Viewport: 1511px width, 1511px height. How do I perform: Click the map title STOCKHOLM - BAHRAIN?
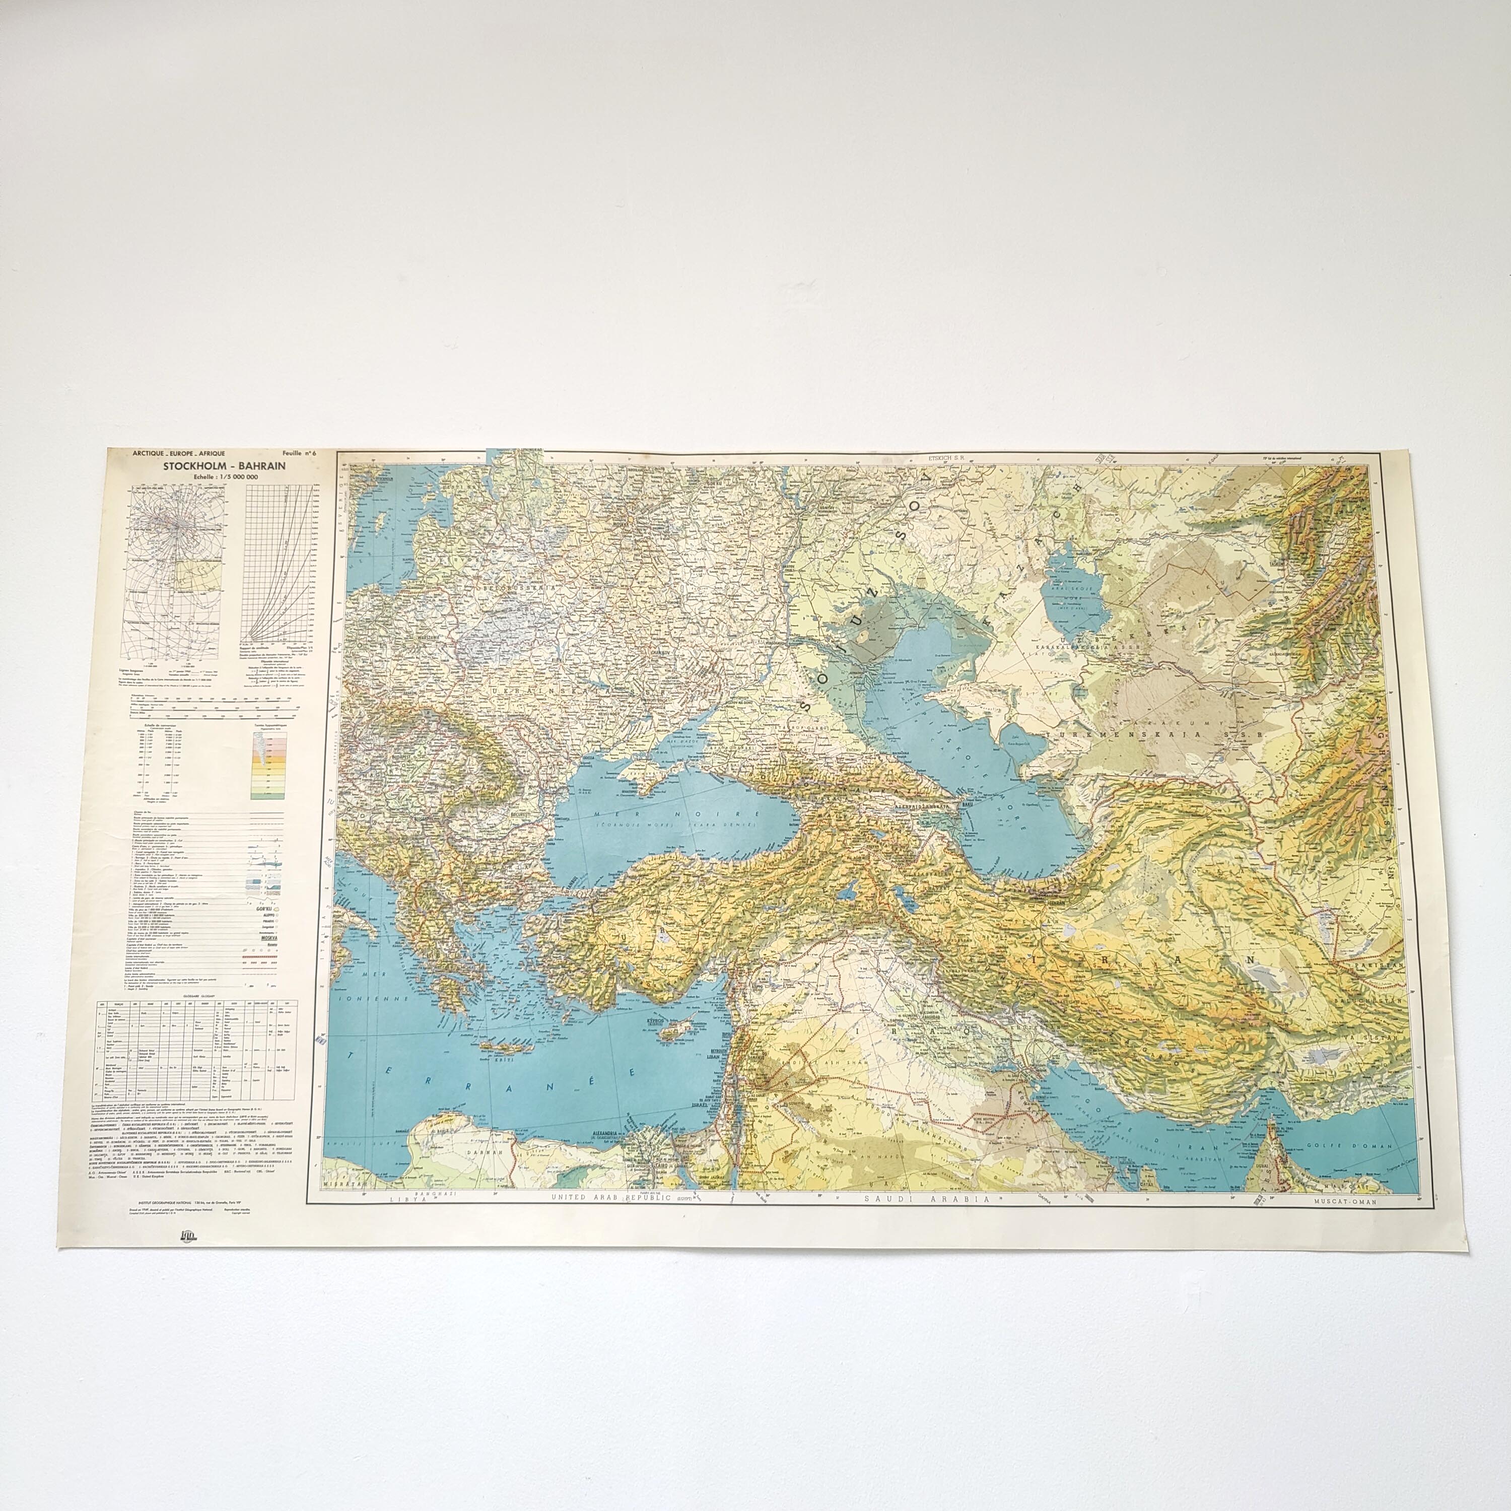(x=225, y=465)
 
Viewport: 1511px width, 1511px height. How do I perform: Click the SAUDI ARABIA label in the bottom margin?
(x=922, y=1198)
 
